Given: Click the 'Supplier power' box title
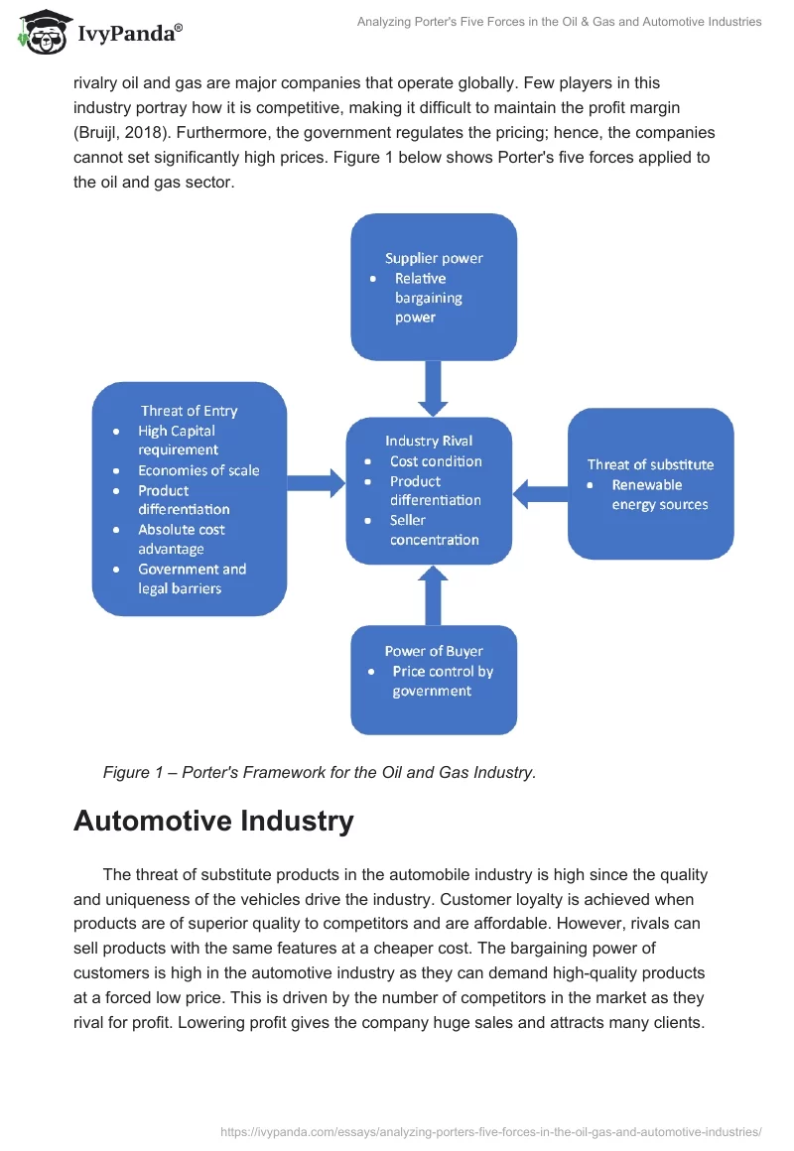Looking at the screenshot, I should pyautogui.click(x=434, y=258).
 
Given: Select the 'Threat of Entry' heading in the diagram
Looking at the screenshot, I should pyautogui.click(x=189, y=411).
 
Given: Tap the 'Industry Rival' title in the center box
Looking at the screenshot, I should pyautogui.click(x=429, y=441).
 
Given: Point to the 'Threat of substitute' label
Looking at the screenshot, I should pyautogui.click(x=650, y=464).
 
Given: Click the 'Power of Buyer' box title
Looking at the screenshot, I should pyautogui.click(x=434, y=651).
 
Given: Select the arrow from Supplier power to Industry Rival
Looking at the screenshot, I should pyautogui.click(x=434, y=387).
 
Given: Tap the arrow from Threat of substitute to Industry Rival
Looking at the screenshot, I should pyautogui.click(x=540, y=488).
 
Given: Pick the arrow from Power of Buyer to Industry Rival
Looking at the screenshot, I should pyautogui.click(x=434, y=594).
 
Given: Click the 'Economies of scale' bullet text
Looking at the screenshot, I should pyautogui.click(x=198, y=470).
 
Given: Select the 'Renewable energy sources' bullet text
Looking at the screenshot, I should pyautogui.click(x=660, y=494).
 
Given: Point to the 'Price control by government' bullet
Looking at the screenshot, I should pyautogui.click(x=442, y=681).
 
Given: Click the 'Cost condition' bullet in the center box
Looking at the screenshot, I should pyautogui.click(x=436, y=461).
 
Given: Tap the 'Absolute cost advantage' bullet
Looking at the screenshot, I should pyautogui.click(x=181, y=539).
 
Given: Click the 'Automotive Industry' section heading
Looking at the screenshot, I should pyautogui.click(x=213, y=822).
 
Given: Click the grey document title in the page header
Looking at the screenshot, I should pyautogui.click(x=559, y=22).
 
